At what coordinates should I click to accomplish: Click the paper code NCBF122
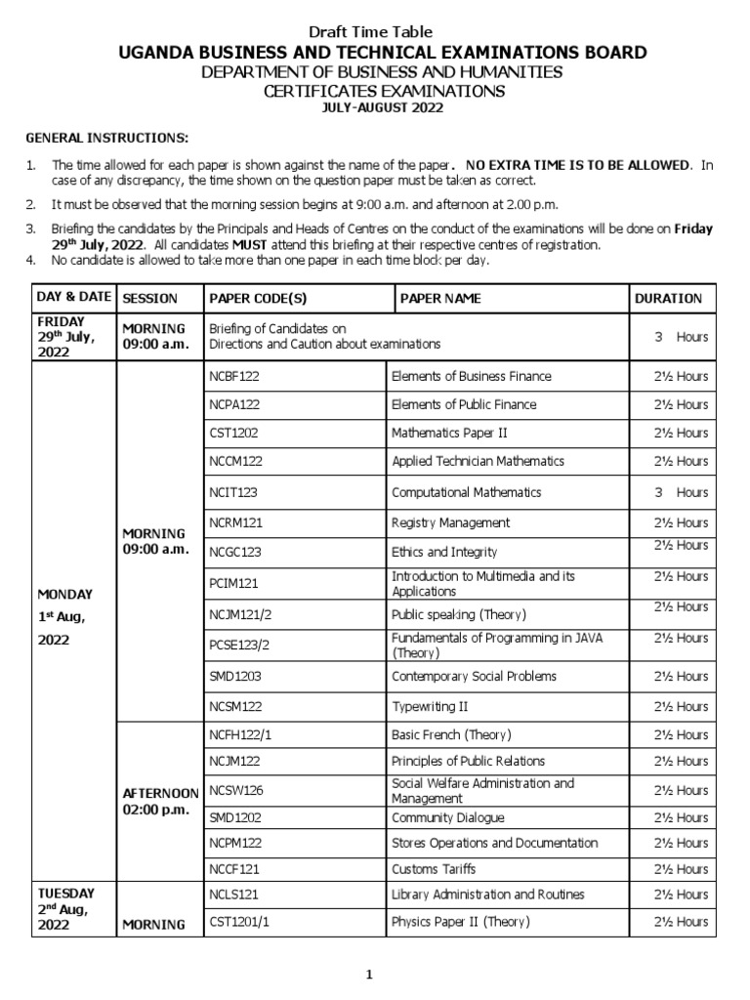234,376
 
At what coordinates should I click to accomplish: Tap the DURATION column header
668,298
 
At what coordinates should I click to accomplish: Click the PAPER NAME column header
440,298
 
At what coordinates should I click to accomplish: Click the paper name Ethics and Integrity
444,552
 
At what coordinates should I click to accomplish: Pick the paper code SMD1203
235,676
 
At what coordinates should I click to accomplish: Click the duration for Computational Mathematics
682,492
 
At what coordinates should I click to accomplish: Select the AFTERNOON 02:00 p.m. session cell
159,802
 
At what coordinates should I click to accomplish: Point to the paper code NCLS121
234,894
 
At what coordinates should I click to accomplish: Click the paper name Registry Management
450,522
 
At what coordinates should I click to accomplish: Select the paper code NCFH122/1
240,734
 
